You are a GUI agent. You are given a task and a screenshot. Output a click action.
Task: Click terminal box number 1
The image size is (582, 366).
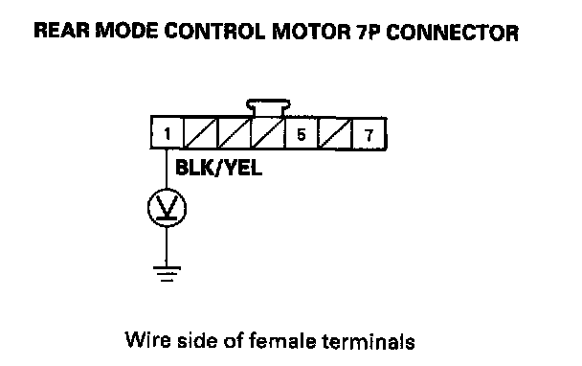pyautogui.click(x=167, y=132)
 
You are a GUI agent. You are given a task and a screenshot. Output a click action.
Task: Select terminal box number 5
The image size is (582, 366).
pyautogui.click(x=301, y=133)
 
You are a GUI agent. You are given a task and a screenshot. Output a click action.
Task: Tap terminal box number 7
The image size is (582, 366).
pyautogui.click(x=369, y=134)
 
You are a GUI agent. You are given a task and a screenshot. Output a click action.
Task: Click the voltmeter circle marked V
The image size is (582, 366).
pyautogui.click(x=167, y=207)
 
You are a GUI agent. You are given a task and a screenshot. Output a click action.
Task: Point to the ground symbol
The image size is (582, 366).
pyautogui.click(x=167, y=273)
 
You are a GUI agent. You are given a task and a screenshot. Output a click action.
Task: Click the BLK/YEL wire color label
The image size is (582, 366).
pyautogui.click(x=218, y=168)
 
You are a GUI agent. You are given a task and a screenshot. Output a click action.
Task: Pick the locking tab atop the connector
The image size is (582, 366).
pyautogui.click(x=268, y=107)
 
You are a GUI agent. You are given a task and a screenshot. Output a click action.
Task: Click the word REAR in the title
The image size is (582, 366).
pyautogui.click(x=61, y=30)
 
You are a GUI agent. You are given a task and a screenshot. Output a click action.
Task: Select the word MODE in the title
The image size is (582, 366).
pyautogui.click(x=126, y=31)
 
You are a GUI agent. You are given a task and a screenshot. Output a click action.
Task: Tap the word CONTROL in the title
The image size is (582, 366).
pyautogui.click(x=215, y=32)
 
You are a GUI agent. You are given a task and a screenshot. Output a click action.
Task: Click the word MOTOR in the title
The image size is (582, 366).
pyautogui.click(x=311, y=32)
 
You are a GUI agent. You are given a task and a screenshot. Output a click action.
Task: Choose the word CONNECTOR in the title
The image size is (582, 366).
pyautogui.click(x=452, y=33)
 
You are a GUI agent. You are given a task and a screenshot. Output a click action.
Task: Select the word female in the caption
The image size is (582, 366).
pyautogui.click(x=282, y=341)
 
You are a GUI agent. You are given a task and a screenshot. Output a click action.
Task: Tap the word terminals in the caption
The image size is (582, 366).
pyautogui.click(x=369, y=341)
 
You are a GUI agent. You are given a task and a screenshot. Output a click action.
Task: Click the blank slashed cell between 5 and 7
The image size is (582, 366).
pyautogui.click(x=335, y=134)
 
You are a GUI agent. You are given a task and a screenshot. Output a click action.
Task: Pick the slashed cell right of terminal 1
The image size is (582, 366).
pyautogui.click(x=200, y=133)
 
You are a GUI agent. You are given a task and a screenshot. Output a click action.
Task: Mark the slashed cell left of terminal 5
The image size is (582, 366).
pyautogui.click(x=268, y=133)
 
